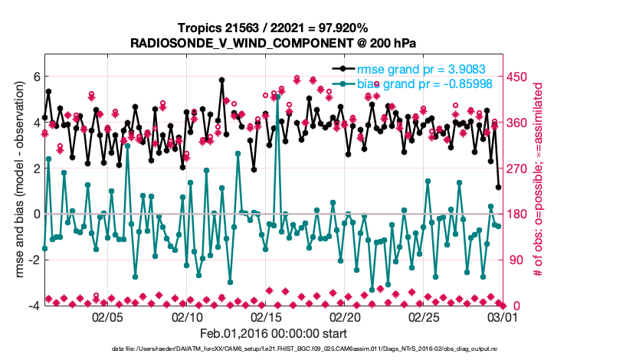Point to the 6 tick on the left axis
34,77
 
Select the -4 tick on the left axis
32,306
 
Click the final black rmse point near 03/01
499,187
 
